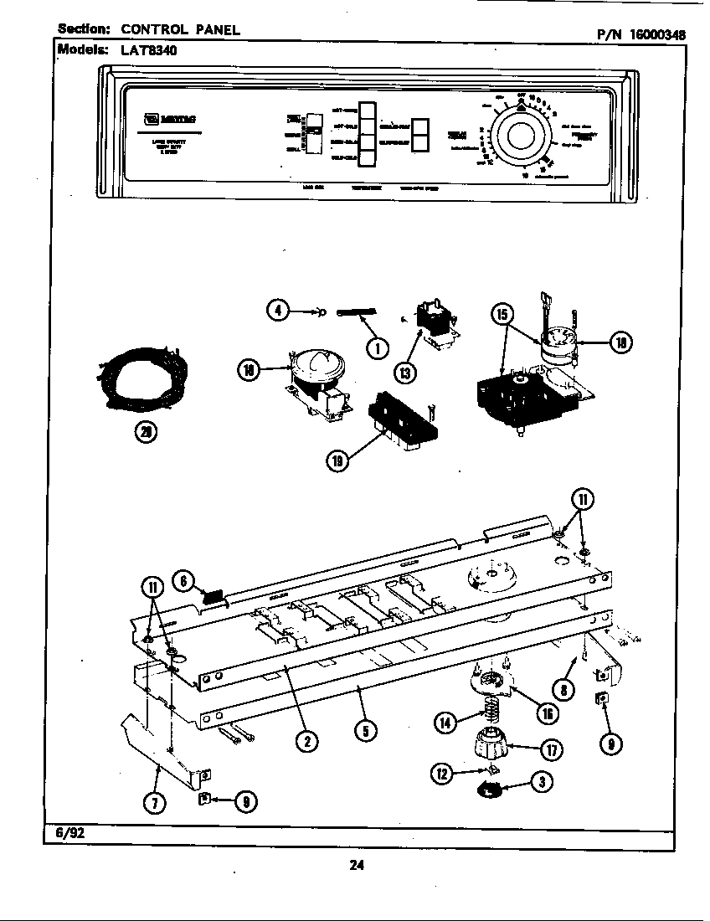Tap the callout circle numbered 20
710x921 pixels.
(x=146, y=432)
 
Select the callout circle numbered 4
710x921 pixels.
(x=278, y=311)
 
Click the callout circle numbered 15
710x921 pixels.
(x=502, y=314)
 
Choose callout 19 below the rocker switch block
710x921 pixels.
(x=337, y=461)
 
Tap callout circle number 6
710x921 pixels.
(x=184, y=579)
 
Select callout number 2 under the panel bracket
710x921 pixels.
(x=308, y=739)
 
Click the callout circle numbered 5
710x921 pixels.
(x=363, y=731)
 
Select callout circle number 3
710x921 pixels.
(x=543, y=784)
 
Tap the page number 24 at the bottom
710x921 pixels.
(x=356, y=865)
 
